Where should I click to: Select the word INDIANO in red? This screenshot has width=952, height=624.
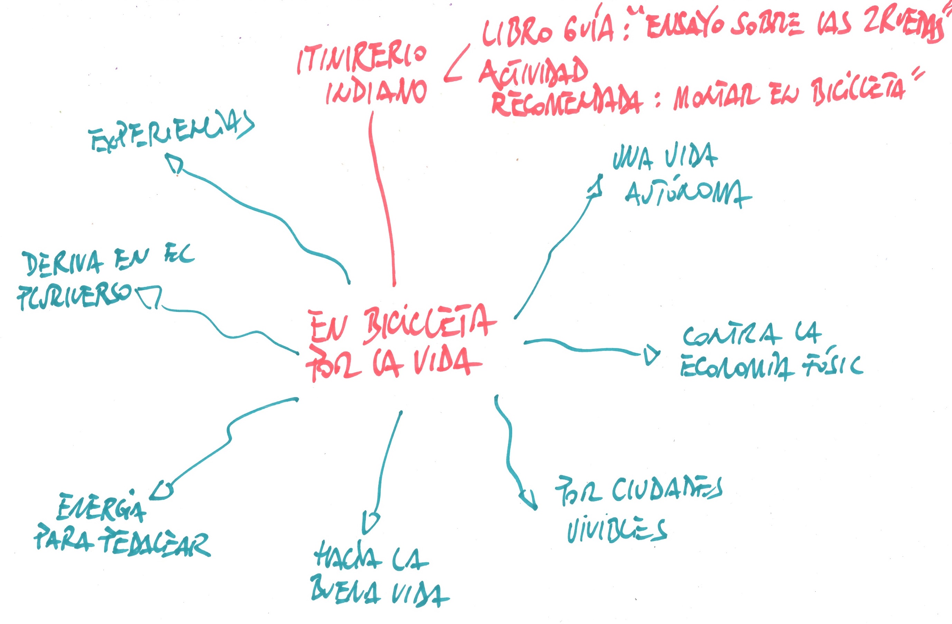click(376, 92)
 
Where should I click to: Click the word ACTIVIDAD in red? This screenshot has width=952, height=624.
click(534, 72)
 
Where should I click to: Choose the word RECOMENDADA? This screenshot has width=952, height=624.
click(566, 102)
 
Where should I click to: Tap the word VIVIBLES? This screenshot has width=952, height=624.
click(616, 530)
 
